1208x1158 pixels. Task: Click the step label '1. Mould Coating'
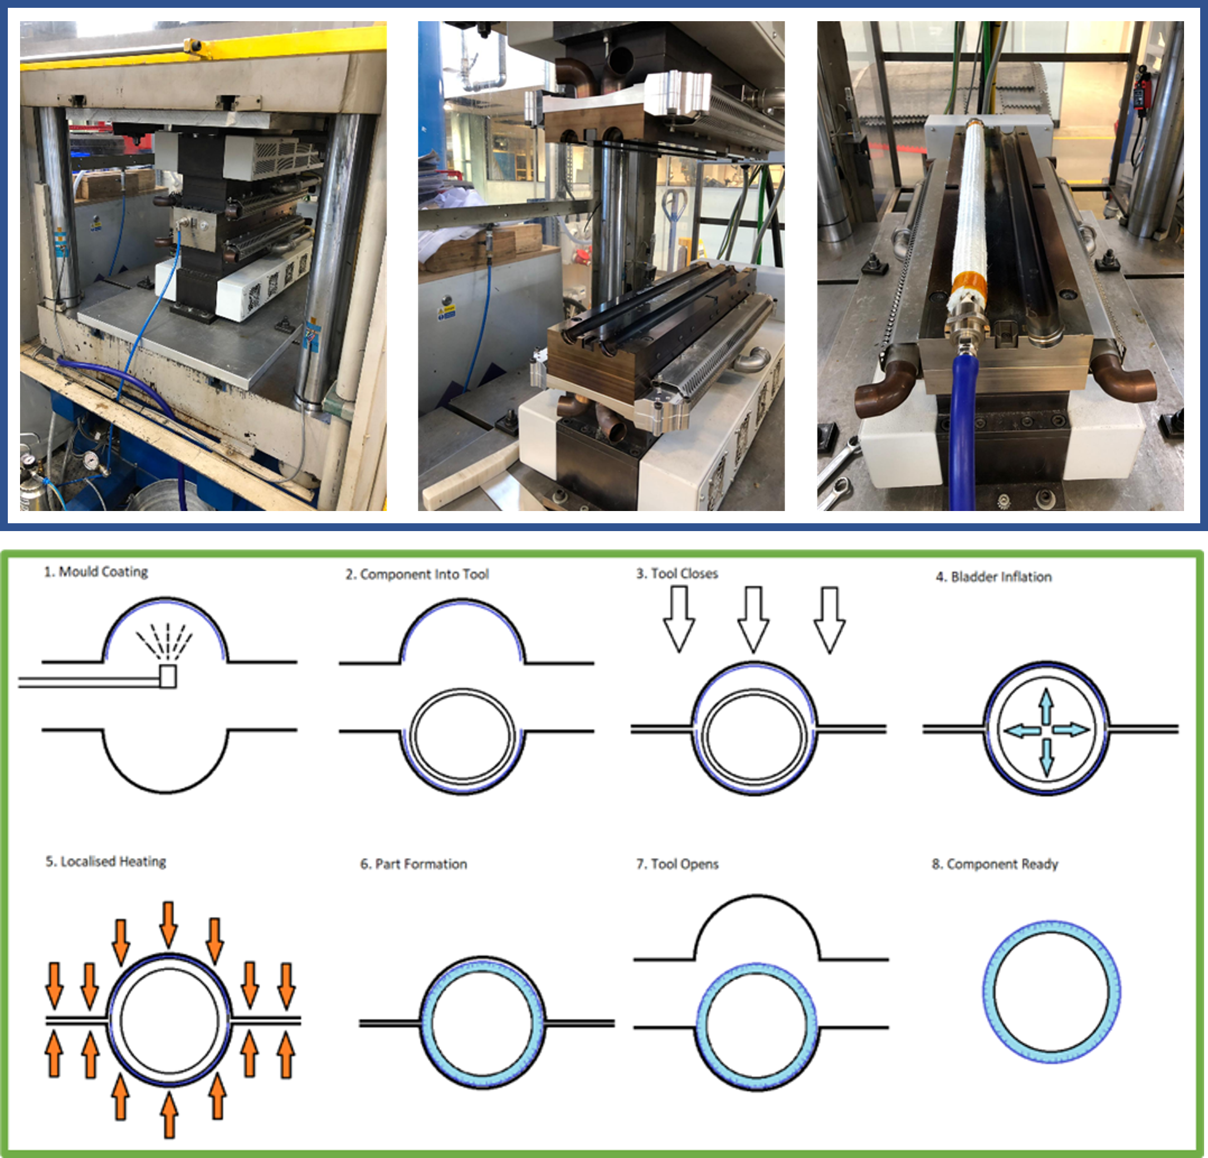pos(95,572)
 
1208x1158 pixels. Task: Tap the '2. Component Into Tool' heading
pos(417,575)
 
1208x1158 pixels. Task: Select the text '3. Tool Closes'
pos(677,574)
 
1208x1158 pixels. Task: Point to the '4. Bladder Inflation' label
pos(993,577)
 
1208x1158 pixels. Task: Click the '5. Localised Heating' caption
pos(105,862)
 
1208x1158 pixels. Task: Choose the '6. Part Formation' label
pos(413,864)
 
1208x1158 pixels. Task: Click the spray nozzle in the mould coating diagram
pos(168,675)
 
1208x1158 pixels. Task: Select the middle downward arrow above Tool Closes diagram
pos(753,618)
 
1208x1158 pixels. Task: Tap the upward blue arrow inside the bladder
pos(1046,705)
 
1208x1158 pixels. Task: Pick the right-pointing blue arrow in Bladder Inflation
pos(1071,729)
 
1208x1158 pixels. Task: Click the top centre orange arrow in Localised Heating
pos(168,923)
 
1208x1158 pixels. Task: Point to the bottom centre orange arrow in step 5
pos(169,1113)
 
